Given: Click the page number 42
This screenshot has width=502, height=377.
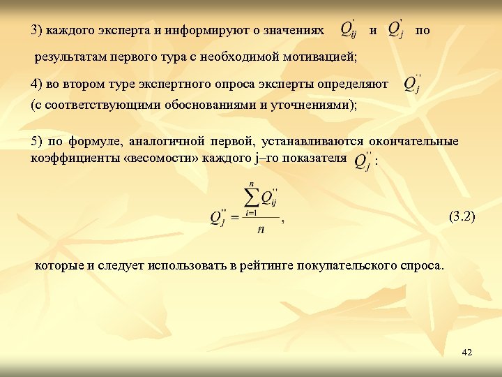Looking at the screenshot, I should (467, 353).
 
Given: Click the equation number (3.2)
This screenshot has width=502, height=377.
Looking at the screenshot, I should (461, 216).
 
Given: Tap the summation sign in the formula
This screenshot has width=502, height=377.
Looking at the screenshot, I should (250, 198).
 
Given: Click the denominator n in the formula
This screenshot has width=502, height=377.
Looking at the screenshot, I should (260, 229).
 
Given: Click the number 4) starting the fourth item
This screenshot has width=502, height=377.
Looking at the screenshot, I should (37, 84).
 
